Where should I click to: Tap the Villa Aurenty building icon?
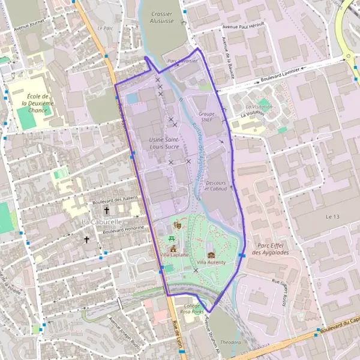(210, 254)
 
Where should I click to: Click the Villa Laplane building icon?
(173, 248)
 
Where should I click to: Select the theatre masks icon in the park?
(177, 224)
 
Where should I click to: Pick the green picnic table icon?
(172, 238)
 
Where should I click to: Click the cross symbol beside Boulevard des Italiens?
(107, 210)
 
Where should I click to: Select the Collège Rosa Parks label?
(192, 308)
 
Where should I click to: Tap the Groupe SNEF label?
(206, 116)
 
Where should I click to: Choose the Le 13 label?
(332, 216)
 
